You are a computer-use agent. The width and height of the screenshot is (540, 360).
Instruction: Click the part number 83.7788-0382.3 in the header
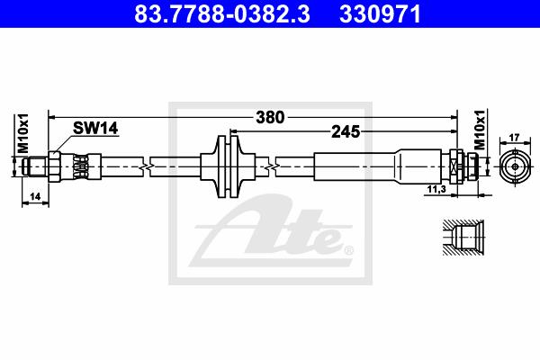(222, 13)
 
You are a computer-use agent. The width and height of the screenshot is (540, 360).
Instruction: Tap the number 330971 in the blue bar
(380, 13)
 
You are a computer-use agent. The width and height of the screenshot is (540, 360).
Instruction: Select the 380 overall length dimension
(270, 118)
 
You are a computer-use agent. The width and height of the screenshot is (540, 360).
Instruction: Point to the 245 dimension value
(346, 131)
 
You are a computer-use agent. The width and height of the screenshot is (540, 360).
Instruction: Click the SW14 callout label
(95, 128)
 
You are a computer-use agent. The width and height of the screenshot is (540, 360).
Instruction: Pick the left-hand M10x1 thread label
(23, 133)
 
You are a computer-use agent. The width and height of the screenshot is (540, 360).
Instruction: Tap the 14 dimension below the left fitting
(35, 197)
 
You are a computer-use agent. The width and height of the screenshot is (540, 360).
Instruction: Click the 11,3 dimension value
(436, 189)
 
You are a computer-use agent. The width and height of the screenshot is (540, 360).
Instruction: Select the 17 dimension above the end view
(514, 138)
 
